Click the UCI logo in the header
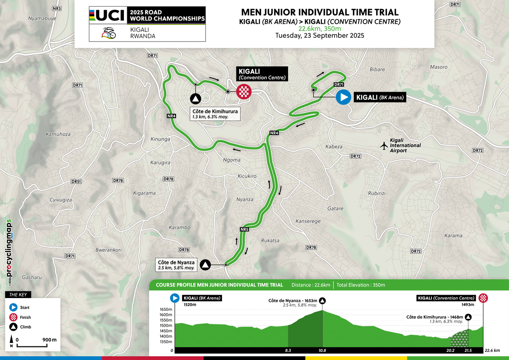(x=107, y=16)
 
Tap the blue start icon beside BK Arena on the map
(x=343, y=98)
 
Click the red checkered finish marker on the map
(x=244, y=92)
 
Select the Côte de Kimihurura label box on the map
(x=215, y=114)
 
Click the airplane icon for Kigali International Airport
(x=384, y=146)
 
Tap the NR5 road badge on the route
(x=244, y=230)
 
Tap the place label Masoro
(x=439, y=67)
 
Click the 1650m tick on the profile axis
(x=163, y=309)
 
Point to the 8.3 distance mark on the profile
(x=288, y=351)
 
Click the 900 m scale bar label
(x=50, y=340)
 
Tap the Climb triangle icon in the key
(x=14, y=327)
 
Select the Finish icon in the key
(x=14, y=317)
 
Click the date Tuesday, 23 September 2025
(x=319, y=36)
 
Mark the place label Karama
(x=453, y=235)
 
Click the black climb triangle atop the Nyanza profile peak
(x=322, y=301)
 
